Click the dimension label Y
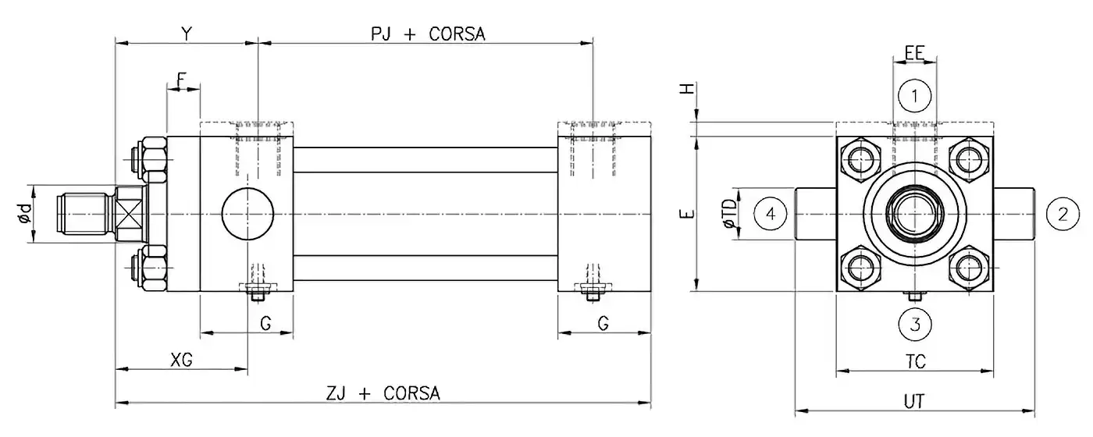(186, 34)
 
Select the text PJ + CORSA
(428, 34)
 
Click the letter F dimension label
(182, 79)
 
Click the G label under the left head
(265, 324)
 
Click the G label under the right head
(603, 324)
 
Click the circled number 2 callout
(1062, 214)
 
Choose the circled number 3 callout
(917, 322)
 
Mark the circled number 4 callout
(771, 214)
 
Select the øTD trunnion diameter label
(729, 214)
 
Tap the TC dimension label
(915, 361)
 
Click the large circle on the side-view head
(248, 214)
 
